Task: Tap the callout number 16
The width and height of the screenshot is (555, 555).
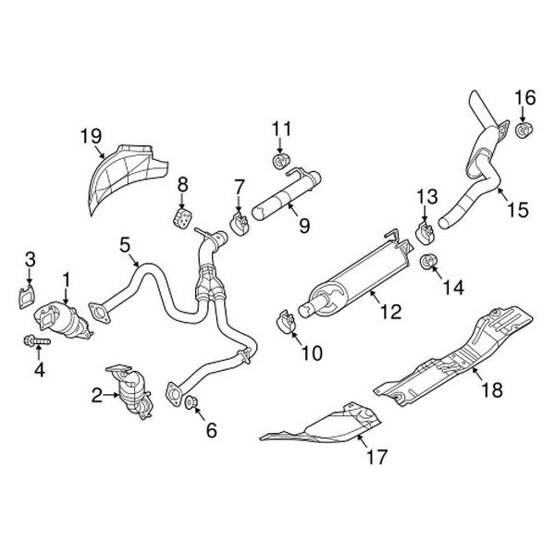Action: [524, 96]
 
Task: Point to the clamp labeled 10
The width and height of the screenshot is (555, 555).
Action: [286, 322]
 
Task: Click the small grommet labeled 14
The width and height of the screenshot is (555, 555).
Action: [429, 265]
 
